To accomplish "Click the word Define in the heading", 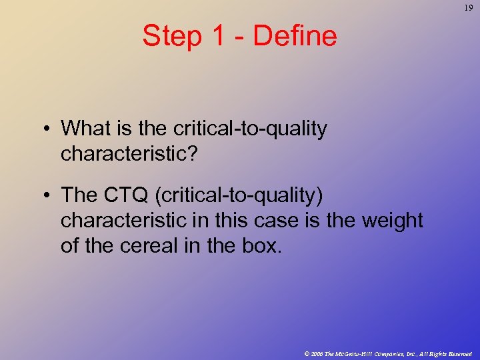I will coord(295,36).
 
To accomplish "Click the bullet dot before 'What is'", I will coord(49,128).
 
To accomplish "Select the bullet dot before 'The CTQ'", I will coord(49,195).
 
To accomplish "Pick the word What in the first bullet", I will coord(84,128).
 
